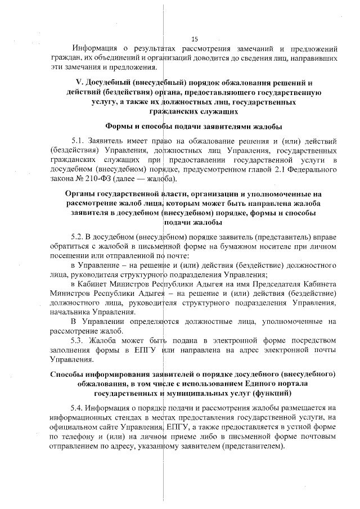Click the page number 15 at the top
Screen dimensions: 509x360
pos(195,39)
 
